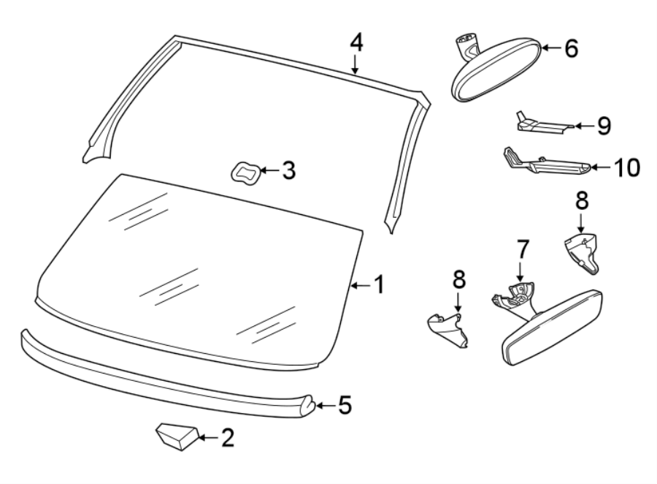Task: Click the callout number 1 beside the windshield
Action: (379, 285)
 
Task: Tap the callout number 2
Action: (228, 438)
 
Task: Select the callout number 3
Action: (288, 171)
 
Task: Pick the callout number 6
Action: (570, 48)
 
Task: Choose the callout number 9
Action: (603, 126)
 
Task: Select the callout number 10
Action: (626, 167)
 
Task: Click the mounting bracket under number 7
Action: (515, 298)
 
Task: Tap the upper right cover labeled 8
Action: (584, 250)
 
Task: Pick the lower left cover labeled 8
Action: (449, 328)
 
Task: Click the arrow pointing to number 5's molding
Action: (326, 404)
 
